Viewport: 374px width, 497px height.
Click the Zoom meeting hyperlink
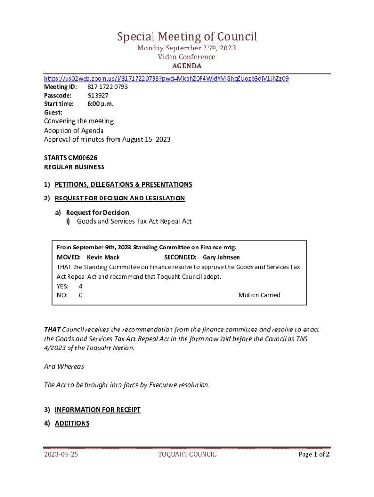pyautogui.click(x=166, y=78)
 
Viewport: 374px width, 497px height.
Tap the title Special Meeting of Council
pyautogui.click(x=187, y=36)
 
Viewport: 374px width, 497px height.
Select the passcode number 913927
pyautogui.click(x=98, y=96)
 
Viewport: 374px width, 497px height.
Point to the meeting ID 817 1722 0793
pyautogui.click(x=107, y=87)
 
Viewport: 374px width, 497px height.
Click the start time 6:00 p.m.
pyautogui.click(x=100, y=104)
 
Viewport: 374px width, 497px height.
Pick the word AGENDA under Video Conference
pyautogui.click(x=187, y=66)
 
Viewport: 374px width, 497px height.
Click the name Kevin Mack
pyautogui.click(x=103, y=257)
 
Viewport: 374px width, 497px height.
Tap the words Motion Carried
pyautogui.click(x=259, y=295)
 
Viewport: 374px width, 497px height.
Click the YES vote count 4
pyautogui.click(x=80, y=286)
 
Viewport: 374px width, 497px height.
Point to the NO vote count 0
pyautogui.click(x=80, y=295)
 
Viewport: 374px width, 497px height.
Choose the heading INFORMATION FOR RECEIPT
pyautogui.click(x=98, y=410)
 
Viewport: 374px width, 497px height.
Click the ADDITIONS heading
pyautogui.click(x=72, y=423)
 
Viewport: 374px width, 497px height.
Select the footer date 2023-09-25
pyautogui.click(x=61, y=455)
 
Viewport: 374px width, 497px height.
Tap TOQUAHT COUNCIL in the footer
pyautogui.click(x=187, y=455)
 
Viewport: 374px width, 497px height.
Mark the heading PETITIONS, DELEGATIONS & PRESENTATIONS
pyautogui.click(x=123, y=184)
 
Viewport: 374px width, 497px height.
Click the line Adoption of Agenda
pyautogui.click(x=73, y=130)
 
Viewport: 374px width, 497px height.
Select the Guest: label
pyautogui.click(x=53, y=112)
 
